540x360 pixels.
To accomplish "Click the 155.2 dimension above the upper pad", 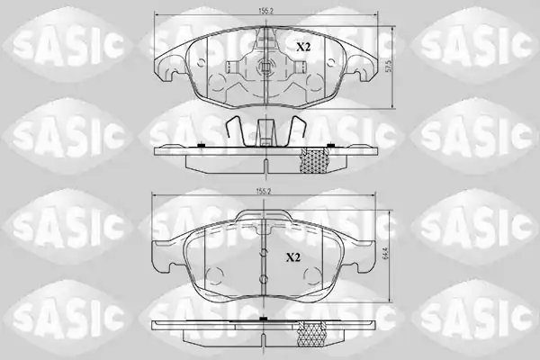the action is [x=265, y=11].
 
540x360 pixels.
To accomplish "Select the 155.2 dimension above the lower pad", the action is [x=264, y=192].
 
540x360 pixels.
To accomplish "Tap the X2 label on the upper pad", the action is [x=303, y=47].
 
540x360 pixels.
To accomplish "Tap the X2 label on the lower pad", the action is [x=293, y=257].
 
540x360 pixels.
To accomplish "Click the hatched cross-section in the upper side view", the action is [x=315, y=160].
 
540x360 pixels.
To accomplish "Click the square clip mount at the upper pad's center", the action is [x=265, y=66].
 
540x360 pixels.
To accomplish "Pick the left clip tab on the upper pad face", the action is [x=232, y=67].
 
